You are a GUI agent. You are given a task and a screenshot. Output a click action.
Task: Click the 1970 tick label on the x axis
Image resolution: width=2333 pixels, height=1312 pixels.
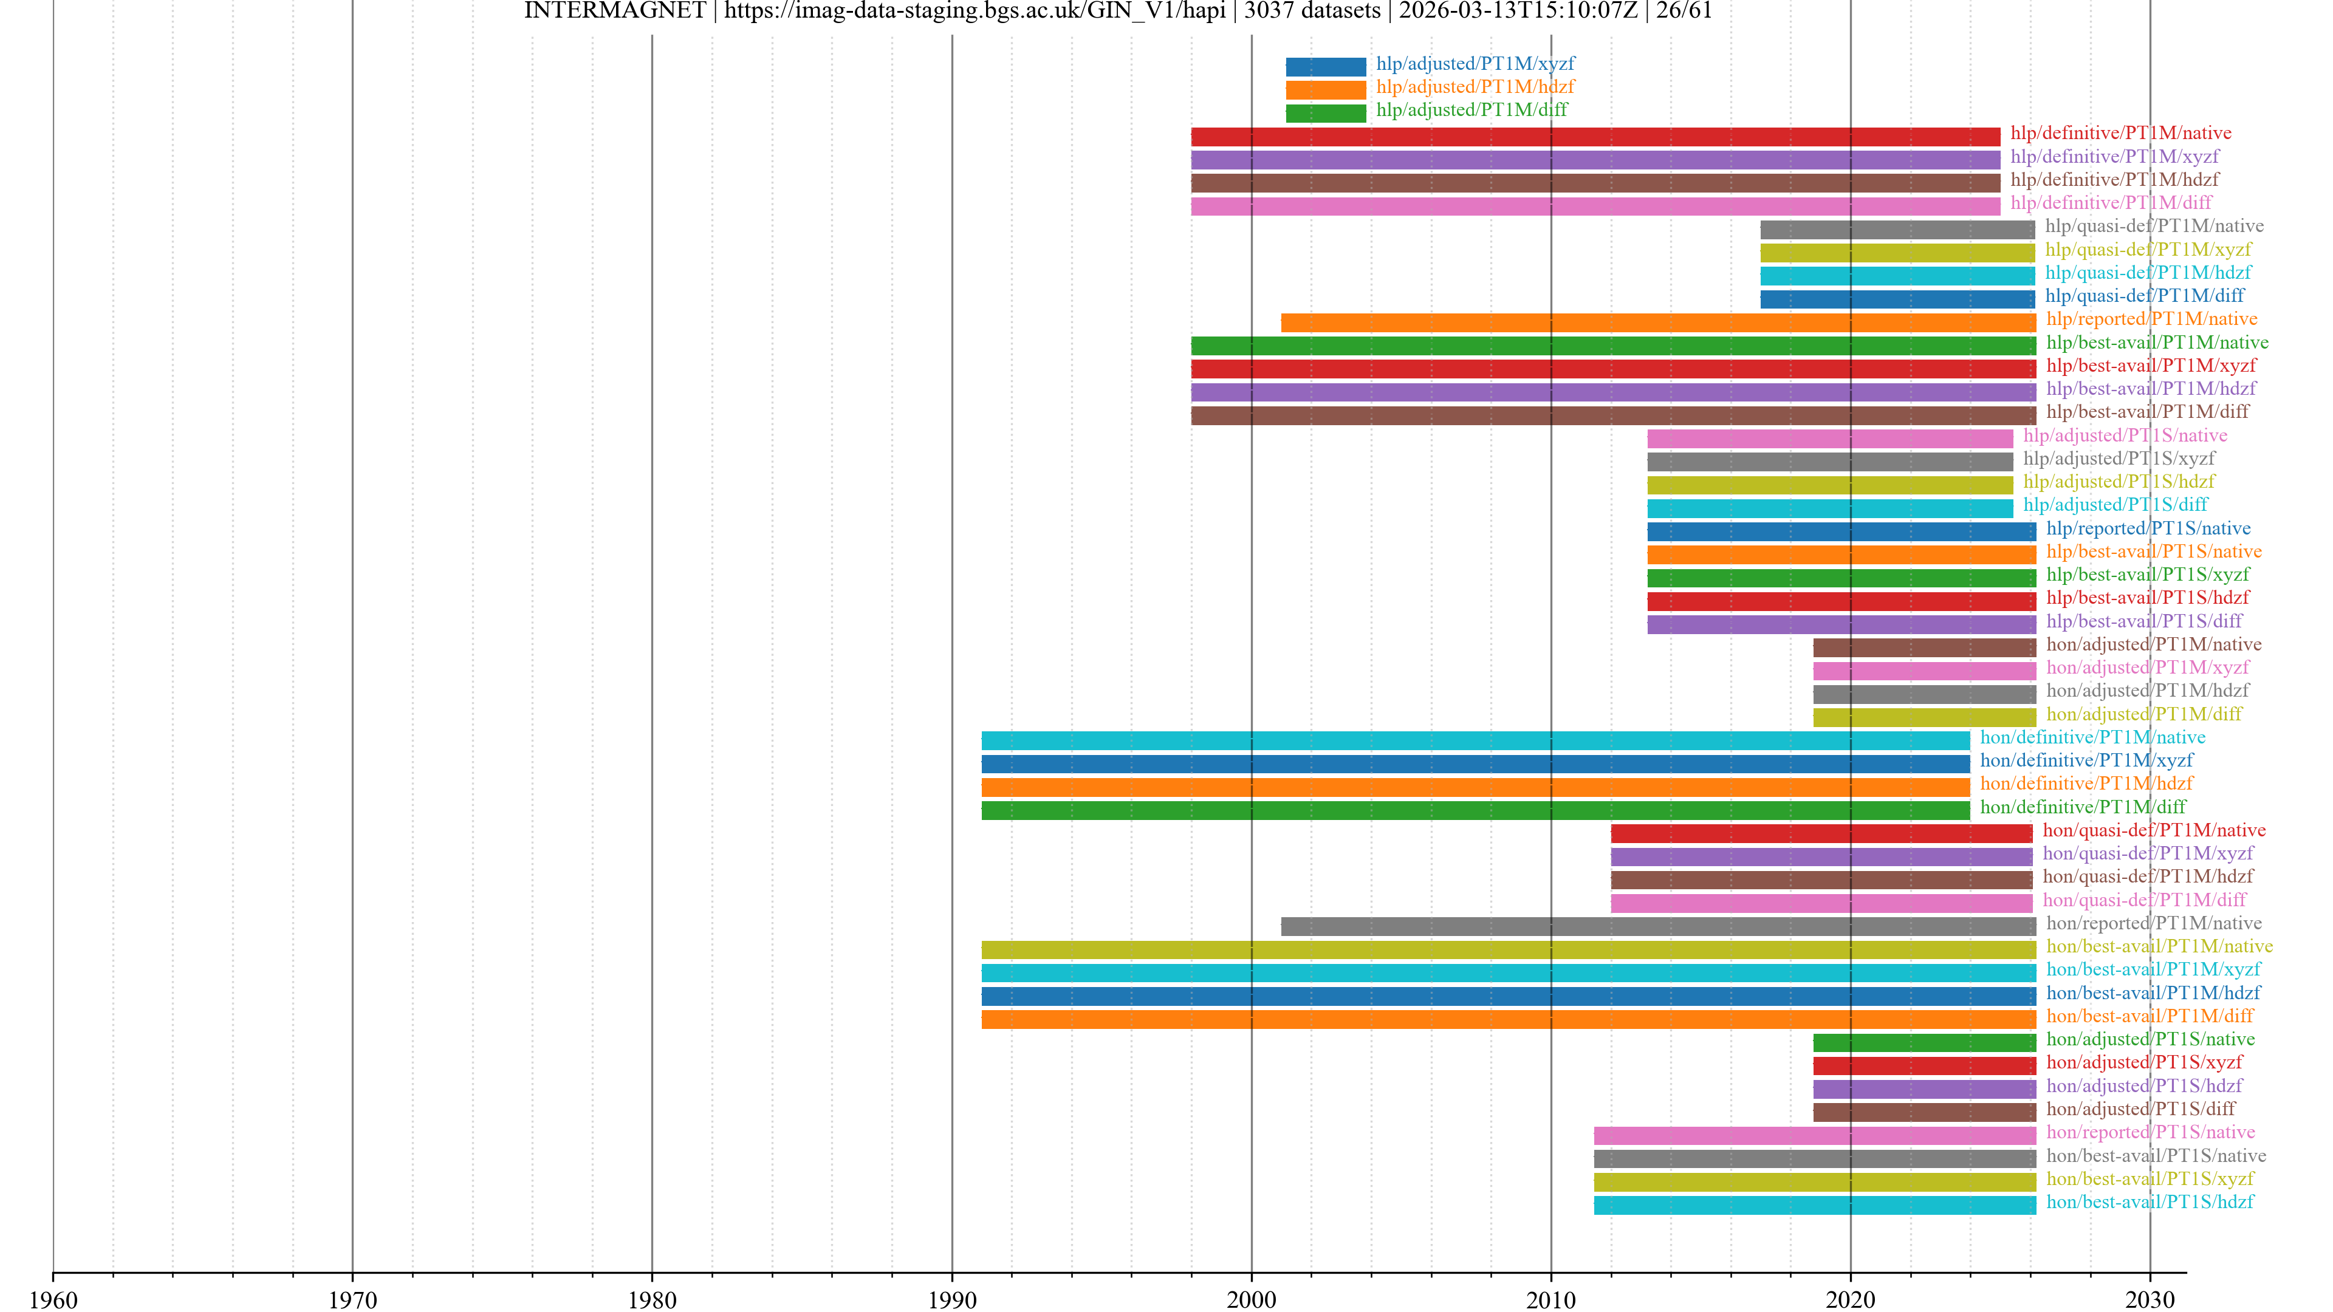[352, 1299]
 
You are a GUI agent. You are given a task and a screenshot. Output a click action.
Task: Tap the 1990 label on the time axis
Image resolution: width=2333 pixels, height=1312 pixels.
[952, 1299]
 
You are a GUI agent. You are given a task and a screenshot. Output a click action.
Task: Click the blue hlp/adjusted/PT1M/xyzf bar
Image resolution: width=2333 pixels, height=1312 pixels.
[1325, 66]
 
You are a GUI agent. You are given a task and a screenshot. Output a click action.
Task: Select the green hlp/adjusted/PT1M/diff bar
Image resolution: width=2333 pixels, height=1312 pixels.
[1325, 113]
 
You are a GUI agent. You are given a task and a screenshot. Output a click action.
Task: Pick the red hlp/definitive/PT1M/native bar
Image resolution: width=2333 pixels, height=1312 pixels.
[1595, 137]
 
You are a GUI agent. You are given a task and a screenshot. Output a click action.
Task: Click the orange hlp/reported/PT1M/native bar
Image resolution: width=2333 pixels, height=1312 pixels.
[1657, 323]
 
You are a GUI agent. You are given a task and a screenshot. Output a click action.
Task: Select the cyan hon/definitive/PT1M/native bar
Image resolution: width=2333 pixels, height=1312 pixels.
[1475, 740]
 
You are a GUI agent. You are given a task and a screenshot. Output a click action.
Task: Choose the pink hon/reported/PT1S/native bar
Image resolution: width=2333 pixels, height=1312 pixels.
[1814, 1135]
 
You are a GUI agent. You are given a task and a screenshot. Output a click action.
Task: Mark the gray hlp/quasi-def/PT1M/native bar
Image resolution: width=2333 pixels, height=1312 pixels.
[1896, 229]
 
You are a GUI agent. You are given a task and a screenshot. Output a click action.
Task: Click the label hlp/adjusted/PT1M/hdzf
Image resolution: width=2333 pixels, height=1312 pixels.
[1475, 87]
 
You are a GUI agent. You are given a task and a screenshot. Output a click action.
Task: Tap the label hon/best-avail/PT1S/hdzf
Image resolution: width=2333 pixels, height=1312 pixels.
[2149, 1201]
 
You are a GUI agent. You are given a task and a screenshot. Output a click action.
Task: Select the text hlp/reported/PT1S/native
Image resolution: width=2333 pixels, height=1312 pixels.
[2147, 528]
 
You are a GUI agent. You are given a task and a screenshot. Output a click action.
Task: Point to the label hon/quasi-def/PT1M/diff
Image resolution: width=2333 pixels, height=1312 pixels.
[2143, 899]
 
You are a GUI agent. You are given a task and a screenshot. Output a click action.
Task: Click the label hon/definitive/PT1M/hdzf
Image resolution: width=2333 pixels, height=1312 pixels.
[2086, 783]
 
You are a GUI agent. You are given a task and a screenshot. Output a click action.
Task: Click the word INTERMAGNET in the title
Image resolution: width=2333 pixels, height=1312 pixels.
[614, 11]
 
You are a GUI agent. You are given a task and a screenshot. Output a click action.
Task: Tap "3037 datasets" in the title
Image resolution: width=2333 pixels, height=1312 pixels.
[1312, 11]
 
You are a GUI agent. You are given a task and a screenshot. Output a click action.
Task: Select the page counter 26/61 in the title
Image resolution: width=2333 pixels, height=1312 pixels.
[1684, 11]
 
